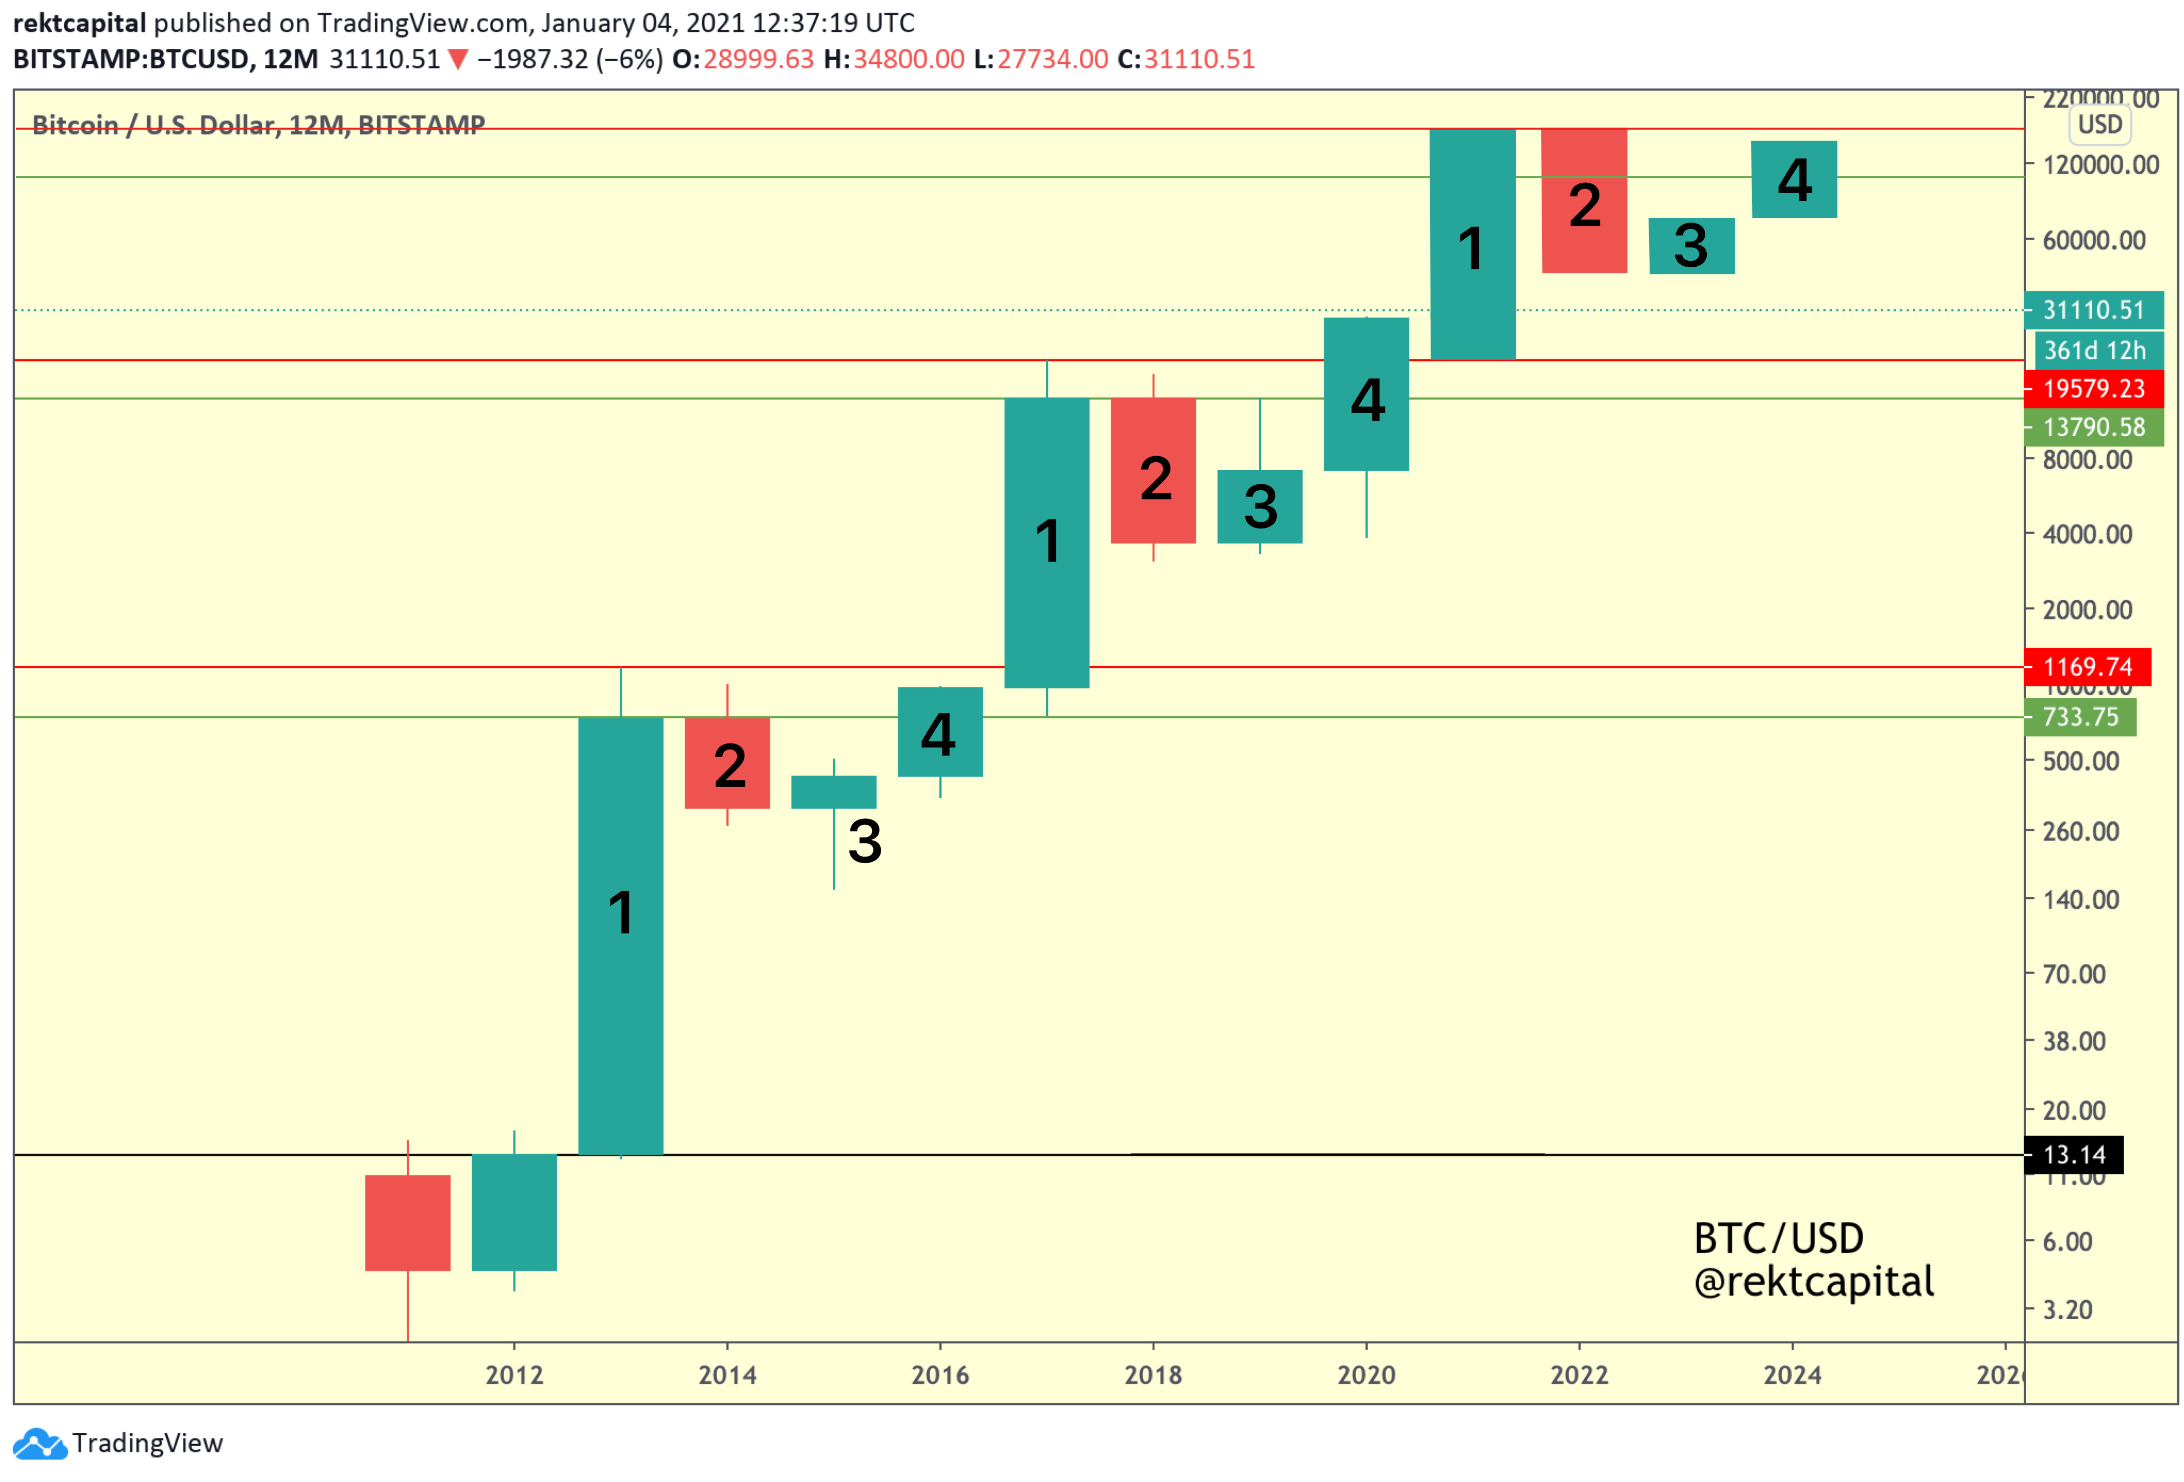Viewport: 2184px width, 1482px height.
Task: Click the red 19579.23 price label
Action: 2093,388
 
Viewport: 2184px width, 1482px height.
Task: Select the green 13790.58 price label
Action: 2093,428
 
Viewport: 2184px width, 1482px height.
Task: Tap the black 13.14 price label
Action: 2073,1155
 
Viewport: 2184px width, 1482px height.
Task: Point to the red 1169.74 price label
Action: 2087,667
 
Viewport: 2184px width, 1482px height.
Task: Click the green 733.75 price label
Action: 2080,717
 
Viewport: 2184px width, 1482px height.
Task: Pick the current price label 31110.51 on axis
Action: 2093,310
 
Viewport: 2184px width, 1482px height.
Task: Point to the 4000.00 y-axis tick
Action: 2087,535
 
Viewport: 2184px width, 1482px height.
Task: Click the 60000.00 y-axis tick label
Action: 2094,241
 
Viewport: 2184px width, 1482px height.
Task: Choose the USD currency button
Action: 2100,124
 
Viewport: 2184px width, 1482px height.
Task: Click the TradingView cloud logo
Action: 40,1443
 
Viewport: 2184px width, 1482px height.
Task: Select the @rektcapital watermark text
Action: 1814,1282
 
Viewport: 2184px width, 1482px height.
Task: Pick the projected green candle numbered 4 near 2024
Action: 1794,179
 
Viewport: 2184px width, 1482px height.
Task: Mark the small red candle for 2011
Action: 408,1223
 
